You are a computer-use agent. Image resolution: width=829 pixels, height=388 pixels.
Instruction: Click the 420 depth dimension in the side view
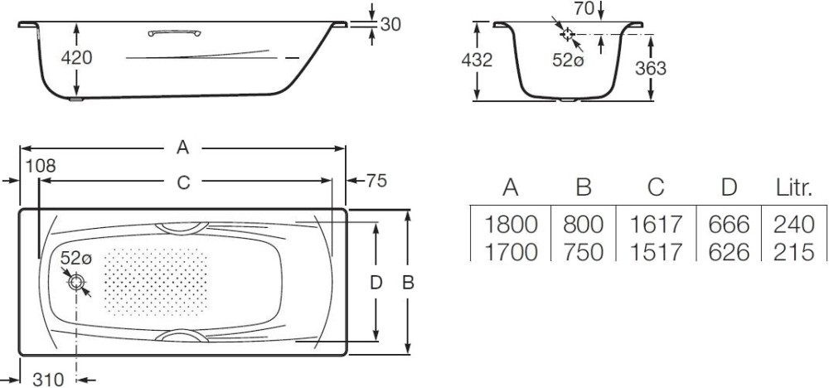pos(76,57)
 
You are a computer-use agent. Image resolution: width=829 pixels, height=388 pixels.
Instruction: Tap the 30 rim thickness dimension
pos(390,24)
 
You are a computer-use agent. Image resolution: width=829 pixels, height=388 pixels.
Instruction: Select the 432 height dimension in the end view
pos(477,61)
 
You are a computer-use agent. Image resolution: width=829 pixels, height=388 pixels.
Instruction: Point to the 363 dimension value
pos(651,68)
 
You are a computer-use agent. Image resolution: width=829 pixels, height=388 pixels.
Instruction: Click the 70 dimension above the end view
pos(584,8)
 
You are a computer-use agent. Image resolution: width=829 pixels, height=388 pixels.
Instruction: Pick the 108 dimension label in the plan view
pos(41,166)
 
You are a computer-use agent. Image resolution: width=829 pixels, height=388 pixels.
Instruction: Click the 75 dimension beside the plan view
pos(376,181)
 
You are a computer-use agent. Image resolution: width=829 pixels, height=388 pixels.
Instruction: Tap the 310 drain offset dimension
pos(49,379)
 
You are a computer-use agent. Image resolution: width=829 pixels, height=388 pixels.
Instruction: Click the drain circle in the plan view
pos(76,282)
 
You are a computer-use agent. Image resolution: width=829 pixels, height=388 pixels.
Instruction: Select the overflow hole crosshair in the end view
pos(567,34)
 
